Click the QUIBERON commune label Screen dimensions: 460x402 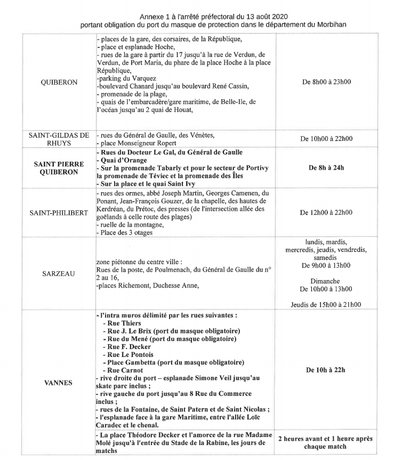click(59, 83)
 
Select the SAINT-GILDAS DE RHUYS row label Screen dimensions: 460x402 click(59, 139)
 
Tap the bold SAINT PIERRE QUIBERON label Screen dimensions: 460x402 click(59, 168)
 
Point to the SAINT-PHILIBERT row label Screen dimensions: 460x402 click(59, 212)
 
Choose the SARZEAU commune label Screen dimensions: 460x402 click(59, 274)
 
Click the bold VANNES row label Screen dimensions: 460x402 click(59, 382)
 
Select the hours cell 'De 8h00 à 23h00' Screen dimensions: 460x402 click(327, 82)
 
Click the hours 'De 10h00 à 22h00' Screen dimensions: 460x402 click(327, 139)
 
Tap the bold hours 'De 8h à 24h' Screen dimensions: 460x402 click(327, 168)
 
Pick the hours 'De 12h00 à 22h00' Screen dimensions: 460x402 click(327, 212)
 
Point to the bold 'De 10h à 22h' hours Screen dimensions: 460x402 click(327, 370)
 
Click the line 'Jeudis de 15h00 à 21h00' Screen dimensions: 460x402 click(327, 305)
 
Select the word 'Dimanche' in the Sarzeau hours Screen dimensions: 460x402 click(327, 281)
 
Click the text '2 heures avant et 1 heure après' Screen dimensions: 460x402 click(327, 439)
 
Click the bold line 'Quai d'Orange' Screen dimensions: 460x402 click(119, 161)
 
